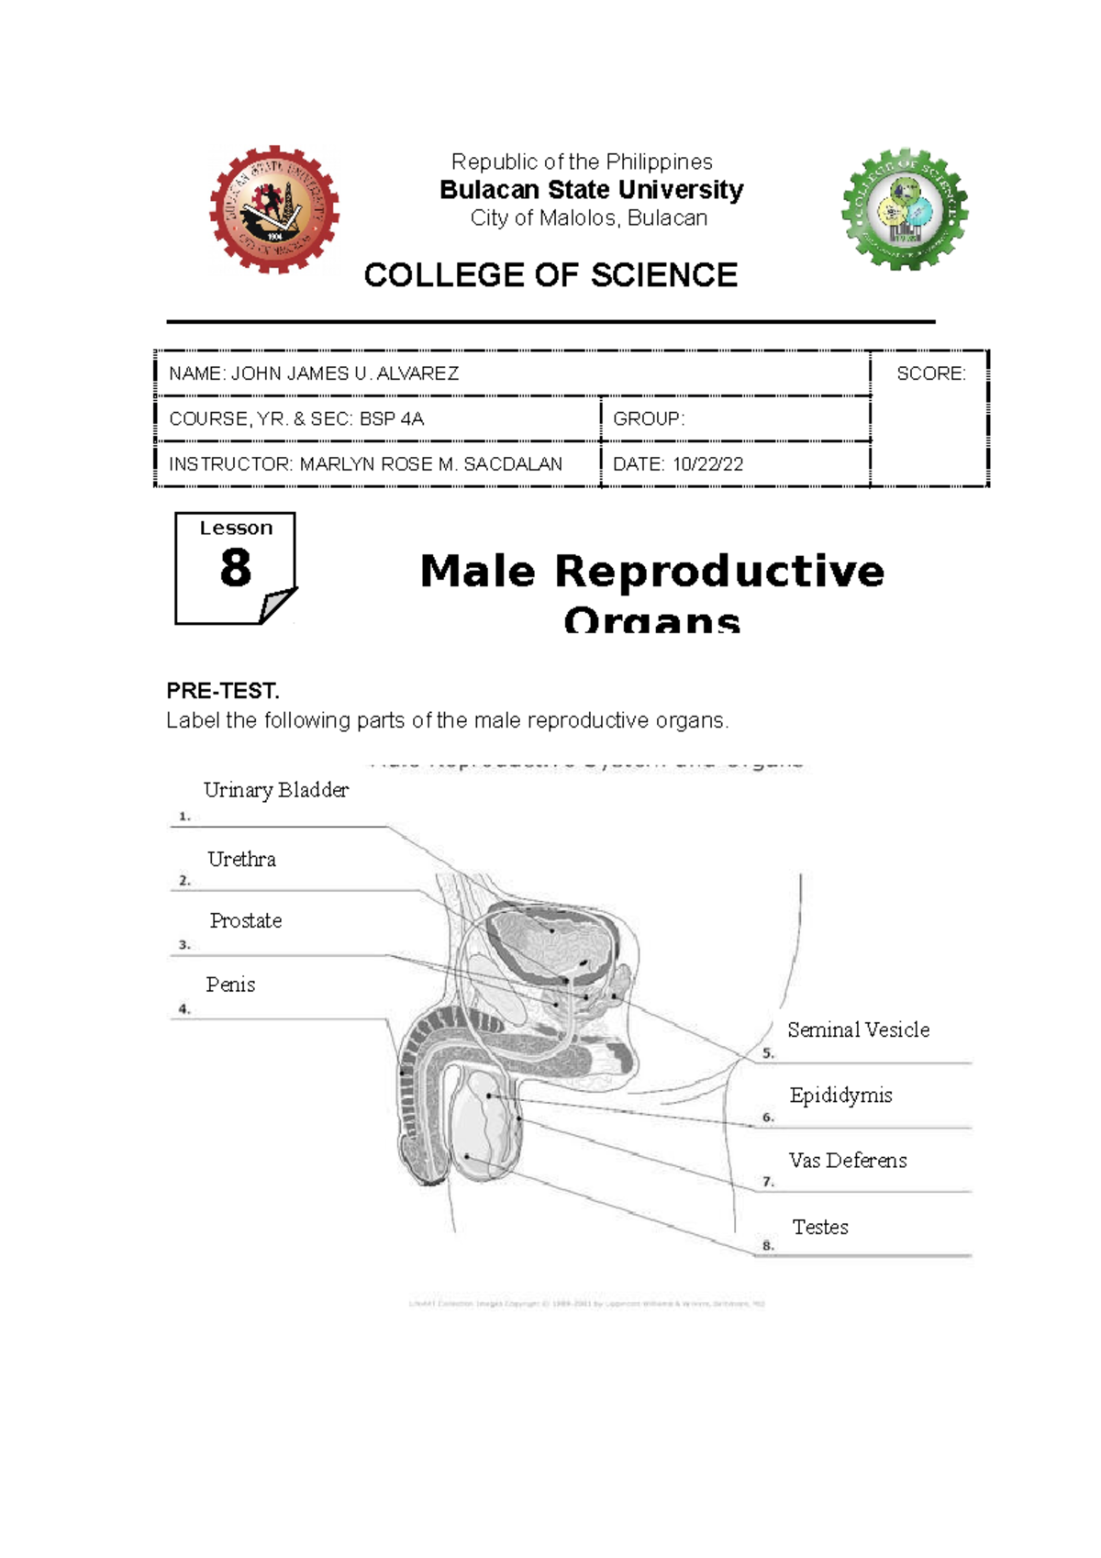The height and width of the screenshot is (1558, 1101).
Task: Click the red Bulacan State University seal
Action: pyautogui.click(x=274, y=209)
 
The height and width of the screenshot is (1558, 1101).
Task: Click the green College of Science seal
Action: pyautogui.click(x=906, y=210)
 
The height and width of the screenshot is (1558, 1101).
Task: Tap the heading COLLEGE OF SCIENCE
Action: pyautogui.click(x=550, y=275)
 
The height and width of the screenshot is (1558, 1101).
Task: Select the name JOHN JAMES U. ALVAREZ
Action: pyautogui.click(x=344, y=373)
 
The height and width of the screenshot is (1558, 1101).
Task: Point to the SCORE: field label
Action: pyautogui.click(x=930, y=373)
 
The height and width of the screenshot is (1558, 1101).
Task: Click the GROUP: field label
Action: pyautogui.click(x=648, y=419)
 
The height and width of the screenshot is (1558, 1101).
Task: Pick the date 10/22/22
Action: pyautogui.click(x=707, y=464)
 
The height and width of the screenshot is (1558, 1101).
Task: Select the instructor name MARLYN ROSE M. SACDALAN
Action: pyautogui.click(x=430, y=464)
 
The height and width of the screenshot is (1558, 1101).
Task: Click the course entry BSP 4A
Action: pyautogui.click(x=391, y=419)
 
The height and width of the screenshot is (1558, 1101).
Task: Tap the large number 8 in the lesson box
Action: pyautogui.click(x=235, y=568)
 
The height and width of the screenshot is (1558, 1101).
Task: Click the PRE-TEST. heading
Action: pyautogui.click(x=222, y=691)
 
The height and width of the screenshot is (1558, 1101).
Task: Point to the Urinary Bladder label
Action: pyautogui.click(x=275, y=790)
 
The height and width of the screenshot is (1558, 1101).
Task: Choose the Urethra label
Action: pyautogui.click(x=241, y=860)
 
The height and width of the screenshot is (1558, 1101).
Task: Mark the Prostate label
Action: pyautogui.click(x=245, y=921)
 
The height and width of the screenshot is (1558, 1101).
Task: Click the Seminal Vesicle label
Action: pyautogui.click(x=858, y=1030)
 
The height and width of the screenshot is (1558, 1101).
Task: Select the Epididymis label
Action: pyautogui.click(x=840, y=1096)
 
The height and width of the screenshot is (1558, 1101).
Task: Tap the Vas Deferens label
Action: pyautogui.click(x=847, y=1161)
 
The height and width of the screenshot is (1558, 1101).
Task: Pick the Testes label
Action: pyautogui.click(x=820, y=1228)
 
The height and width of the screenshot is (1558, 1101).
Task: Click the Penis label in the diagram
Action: pyautogui.click(x=230, y=985)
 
